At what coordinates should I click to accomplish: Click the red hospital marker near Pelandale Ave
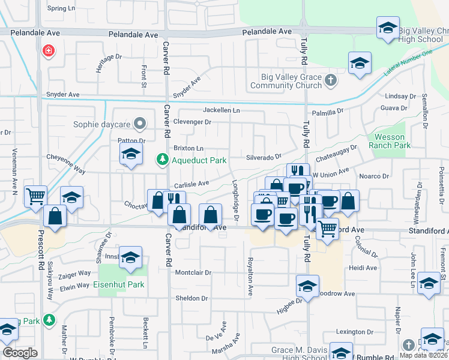[48, 50]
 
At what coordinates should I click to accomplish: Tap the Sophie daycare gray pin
[140, 124]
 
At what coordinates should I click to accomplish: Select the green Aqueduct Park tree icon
[161, 160]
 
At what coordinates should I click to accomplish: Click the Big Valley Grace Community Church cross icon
[330, 80]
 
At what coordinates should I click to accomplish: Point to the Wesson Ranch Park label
[389, 141]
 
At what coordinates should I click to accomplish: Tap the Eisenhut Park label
[118, 284]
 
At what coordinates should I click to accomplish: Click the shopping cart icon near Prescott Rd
[35, 195]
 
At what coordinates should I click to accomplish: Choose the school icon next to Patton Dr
[130, 154]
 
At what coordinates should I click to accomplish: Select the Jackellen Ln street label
[221, 110]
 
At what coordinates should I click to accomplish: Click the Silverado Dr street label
[264, 157]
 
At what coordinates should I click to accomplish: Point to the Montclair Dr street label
[193, 272]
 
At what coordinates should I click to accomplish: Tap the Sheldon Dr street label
[191, 298]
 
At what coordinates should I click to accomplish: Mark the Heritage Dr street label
[108, 64]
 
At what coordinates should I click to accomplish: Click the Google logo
[20, 353]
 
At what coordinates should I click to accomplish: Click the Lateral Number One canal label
[408, 64]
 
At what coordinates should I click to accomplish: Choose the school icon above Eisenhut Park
[130, 257]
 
